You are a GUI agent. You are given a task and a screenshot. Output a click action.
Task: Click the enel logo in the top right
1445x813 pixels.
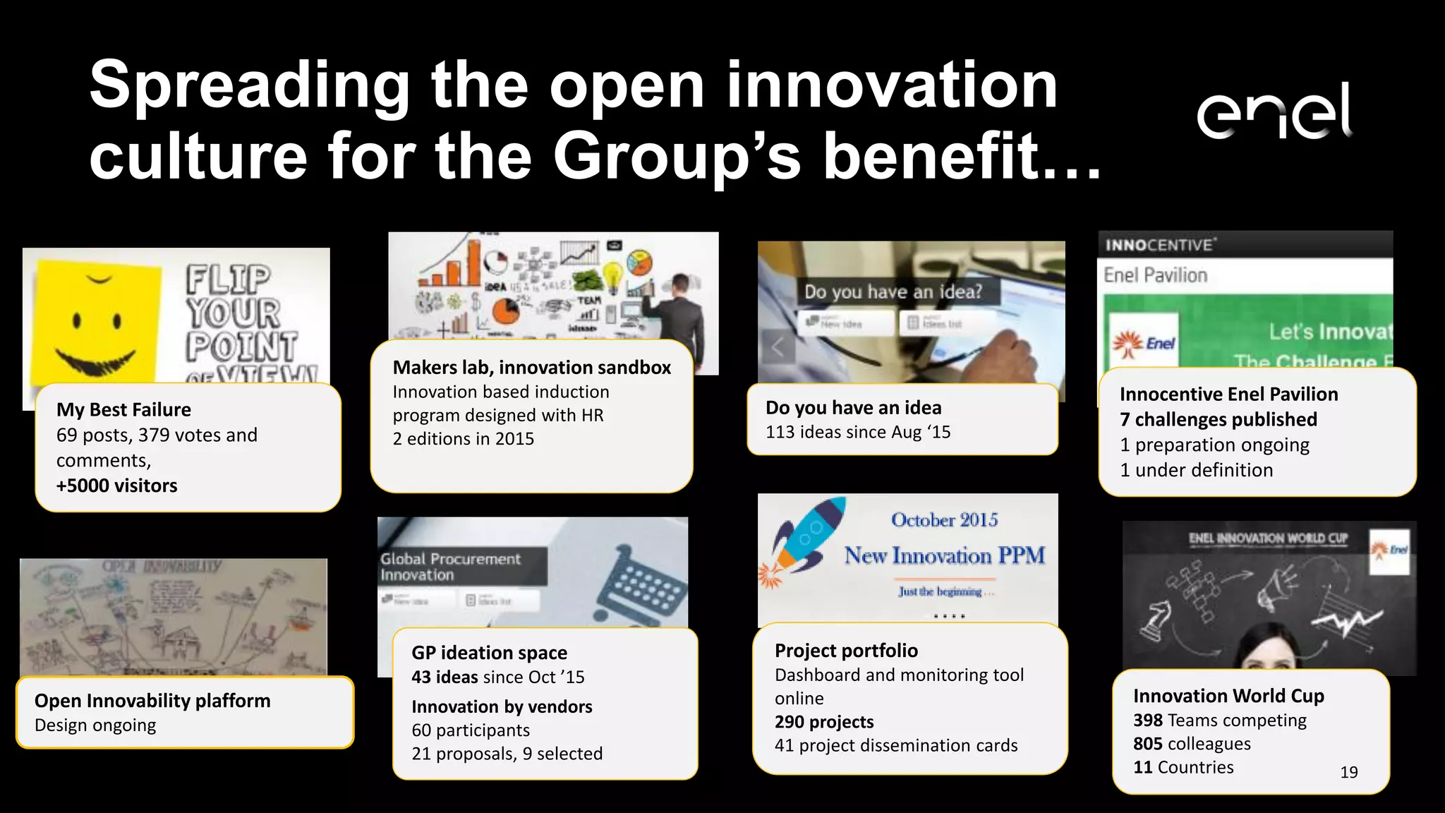click(x=1274, y=111)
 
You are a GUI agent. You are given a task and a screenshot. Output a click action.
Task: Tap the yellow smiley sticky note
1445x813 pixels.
click(x=95, y=321)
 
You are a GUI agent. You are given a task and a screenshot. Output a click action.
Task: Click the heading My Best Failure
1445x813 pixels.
click(x=123, y=410)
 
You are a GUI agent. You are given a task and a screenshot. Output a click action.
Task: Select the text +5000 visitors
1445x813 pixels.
click(x=117, y=486)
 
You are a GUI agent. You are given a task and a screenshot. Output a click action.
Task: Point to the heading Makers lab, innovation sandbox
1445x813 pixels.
click(x=531, y=368)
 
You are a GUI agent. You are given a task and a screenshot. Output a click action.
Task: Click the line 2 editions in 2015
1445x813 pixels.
click(x=463, y=439)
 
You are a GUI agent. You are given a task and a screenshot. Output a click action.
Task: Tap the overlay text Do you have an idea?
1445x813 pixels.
click(x=893, y=291)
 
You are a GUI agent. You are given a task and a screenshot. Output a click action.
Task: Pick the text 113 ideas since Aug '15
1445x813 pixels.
click(x=858, y=432)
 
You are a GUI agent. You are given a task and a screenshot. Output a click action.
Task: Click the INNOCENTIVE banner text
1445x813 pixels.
click(x=1160, y=245)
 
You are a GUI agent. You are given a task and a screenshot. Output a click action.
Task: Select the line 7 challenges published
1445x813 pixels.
click(x=1218, y=420)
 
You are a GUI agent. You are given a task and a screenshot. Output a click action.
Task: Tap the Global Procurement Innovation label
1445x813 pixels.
click(x=451, y=567)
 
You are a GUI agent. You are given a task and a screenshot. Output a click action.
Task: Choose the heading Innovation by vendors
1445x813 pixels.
click(x=502, y=707)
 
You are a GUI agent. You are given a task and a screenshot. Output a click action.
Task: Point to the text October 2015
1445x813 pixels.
click(x=944, y=520)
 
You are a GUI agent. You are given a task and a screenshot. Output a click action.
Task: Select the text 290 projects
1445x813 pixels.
click(x=824, y=722)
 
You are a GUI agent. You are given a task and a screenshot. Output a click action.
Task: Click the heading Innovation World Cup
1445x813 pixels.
click(x=1228, y=697)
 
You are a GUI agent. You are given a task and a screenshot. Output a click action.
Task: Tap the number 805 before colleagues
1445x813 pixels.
click(x=1147, y=744)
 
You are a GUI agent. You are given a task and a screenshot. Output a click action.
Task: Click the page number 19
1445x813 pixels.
click(x=1349, y=773)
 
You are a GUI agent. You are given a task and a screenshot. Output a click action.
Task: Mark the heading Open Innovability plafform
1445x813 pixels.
click(x=152, y=701)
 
